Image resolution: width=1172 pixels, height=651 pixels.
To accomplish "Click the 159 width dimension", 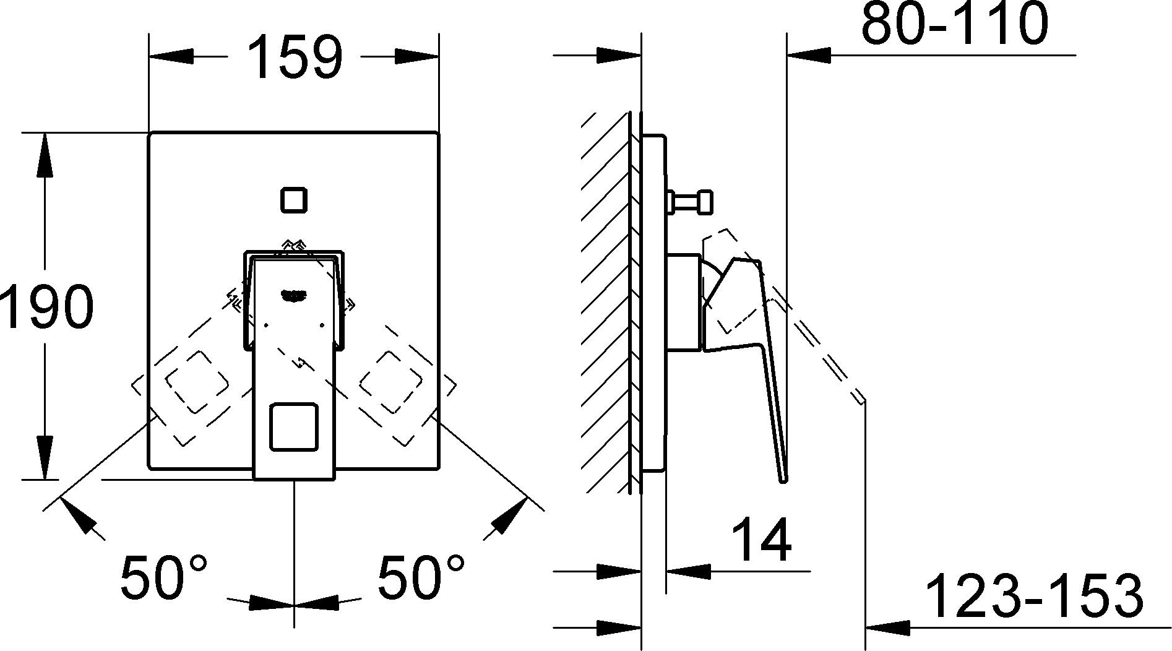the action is coord(295,57).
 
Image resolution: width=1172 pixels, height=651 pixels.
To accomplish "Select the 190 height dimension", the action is coord(47,307).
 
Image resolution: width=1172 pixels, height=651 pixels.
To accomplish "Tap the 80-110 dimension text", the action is coord(954,24).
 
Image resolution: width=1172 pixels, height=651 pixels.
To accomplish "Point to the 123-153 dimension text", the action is coord(1033,595).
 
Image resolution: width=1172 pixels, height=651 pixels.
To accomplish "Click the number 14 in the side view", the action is coord(761,540).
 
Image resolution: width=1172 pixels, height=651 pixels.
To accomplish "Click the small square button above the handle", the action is coord(294,200).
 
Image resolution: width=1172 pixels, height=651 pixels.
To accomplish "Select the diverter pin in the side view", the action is coord(689,202).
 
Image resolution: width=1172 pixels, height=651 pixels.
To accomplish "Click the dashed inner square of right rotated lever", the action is coord(390,382).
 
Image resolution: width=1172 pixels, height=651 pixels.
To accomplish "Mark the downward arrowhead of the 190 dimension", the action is coord(45,457).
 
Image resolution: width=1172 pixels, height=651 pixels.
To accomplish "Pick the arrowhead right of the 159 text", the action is coord(416,56).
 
